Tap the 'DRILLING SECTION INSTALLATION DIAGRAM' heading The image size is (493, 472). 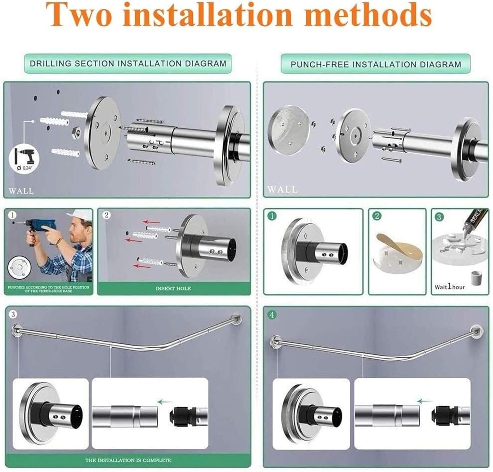(128, 63)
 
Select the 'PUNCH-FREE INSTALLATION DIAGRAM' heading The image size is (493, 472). (376, 64)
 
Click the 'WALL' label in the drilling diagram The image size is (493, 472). (21, 191)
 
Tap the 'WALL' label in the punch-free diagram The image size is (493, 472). (282, 189)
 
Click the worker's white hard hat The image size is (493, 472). (79, 217)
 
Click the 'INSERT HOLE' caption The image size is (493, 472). (173, 288)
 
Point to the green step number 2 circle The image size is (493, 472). (377, 216)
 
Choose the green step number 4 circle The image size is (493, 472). (272, 315)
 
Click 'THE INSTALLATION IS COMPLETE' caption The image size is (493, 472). (128, 460)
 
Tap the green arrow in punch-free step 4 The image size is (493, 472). (424, 401)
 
